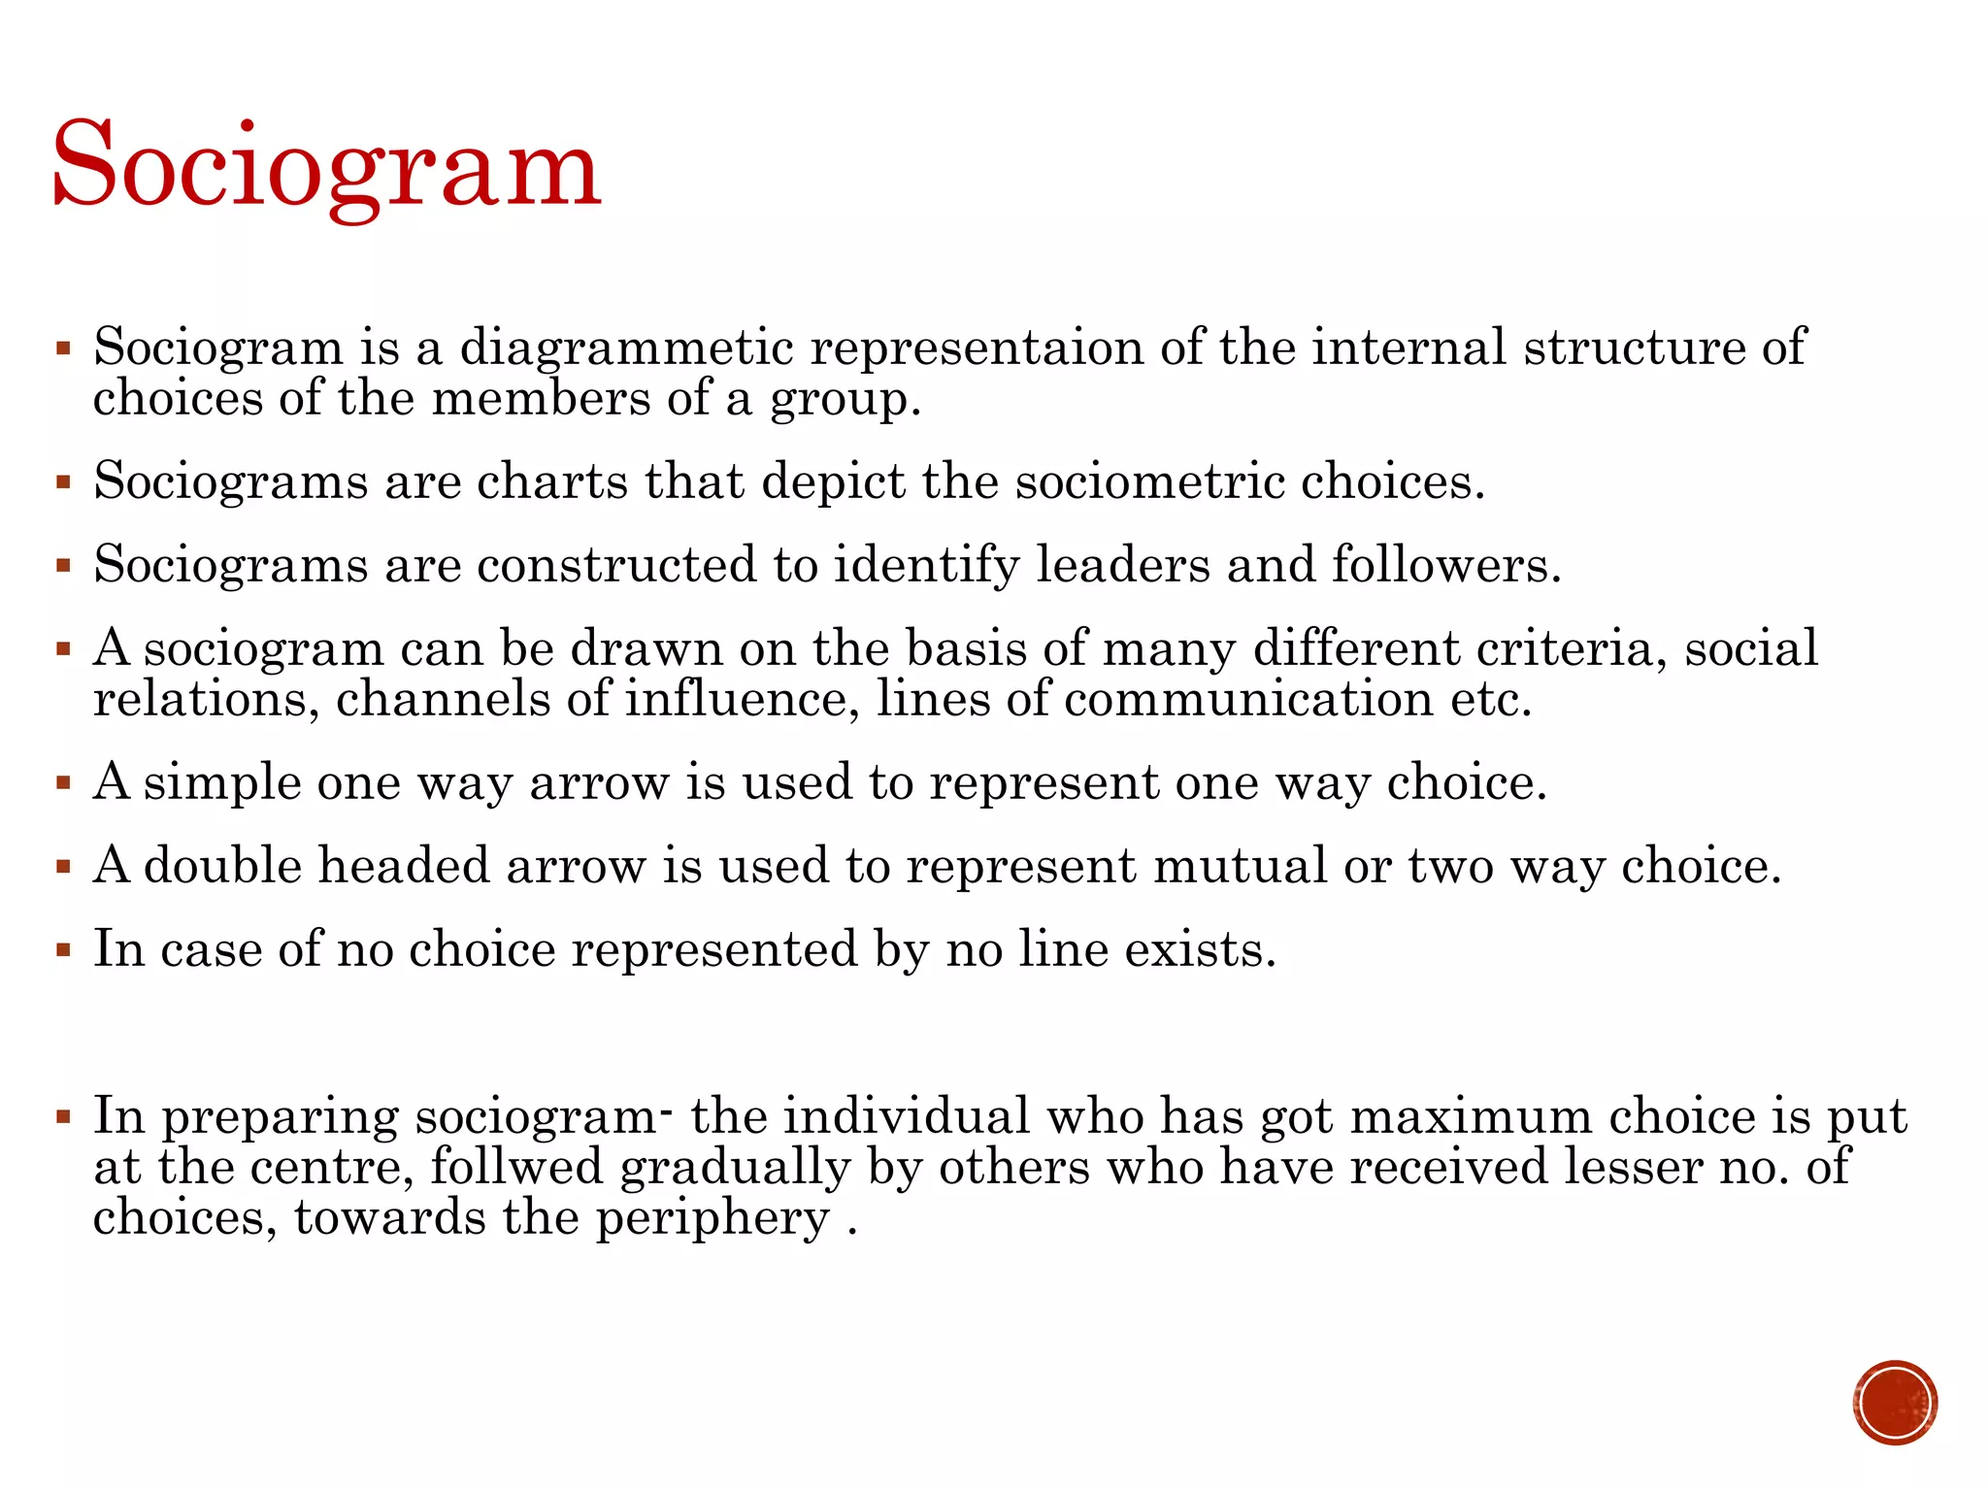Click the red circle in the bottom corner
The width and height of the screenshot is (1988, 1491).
[x=1895, y=1403]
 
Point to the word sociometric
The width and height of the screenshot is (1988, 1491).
[x=1149, y=481]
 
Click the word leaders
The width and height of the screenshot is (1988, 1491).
[x=1122, y=565]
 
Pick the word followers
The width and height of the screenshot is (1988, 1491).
[x=1445, y=565]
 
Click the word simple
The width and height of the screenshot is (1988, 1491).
[x=222, y=782]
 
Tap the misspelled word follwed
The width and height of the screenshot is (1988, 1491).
[x=516, y=1167]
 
